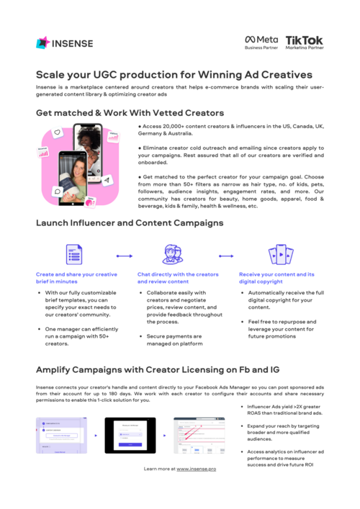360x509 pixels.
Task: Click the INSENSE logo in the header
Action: [64, 42]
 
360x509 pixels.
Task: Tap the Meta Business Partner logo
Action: [261, 42]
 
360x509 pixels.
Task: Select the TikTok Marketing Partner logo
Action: [305, 42]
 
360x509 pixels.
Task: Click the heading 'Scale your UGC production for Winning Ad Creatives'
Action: [174, 74]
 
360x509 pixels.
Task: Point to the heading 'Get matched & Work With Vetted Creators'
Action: [130, 113]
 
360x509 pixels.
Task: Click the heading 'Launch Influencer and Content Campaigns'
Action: [130, 223]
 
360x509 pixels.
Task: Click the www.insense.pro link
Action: [197, 469]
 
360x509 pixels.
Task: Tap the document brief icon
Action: [75, 255]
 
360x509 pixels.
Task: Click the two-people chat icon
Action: [174, 255]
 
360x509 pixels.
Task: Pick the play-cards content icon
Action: [279, 255]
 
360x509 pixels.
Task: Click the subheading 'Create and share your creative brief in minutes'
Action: [78, 279]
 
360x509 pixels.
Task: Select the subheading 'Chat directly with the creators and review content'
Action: [178, 279]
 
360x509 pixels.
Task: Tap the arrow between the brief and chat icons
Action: [124, 255]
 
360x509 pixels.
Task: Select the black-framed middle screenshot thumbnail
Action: [130, 435]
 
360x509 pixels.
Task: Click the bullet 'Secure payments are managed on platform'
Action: [174, 340]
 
